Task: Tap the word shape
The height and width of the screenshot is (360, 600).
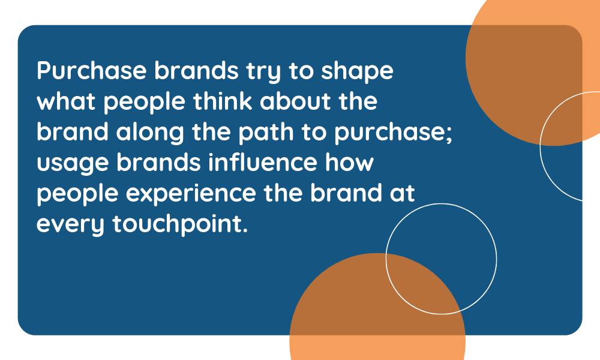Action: pos(357,73)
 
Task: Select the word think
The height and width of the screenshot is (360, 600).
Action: pos(223,101)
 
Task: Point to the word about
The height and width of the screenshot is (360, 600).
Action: pos(296,101)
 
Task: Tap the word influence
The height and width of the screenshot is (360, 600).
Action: pos(263,162)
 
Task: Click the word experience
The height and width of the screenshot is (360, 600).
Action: pos(191,195)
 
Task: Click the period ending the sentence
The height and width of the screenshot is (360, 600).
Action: pos(245,230)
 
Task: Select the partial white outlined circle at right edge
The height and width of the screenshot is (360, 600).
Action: pos(541,146)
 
